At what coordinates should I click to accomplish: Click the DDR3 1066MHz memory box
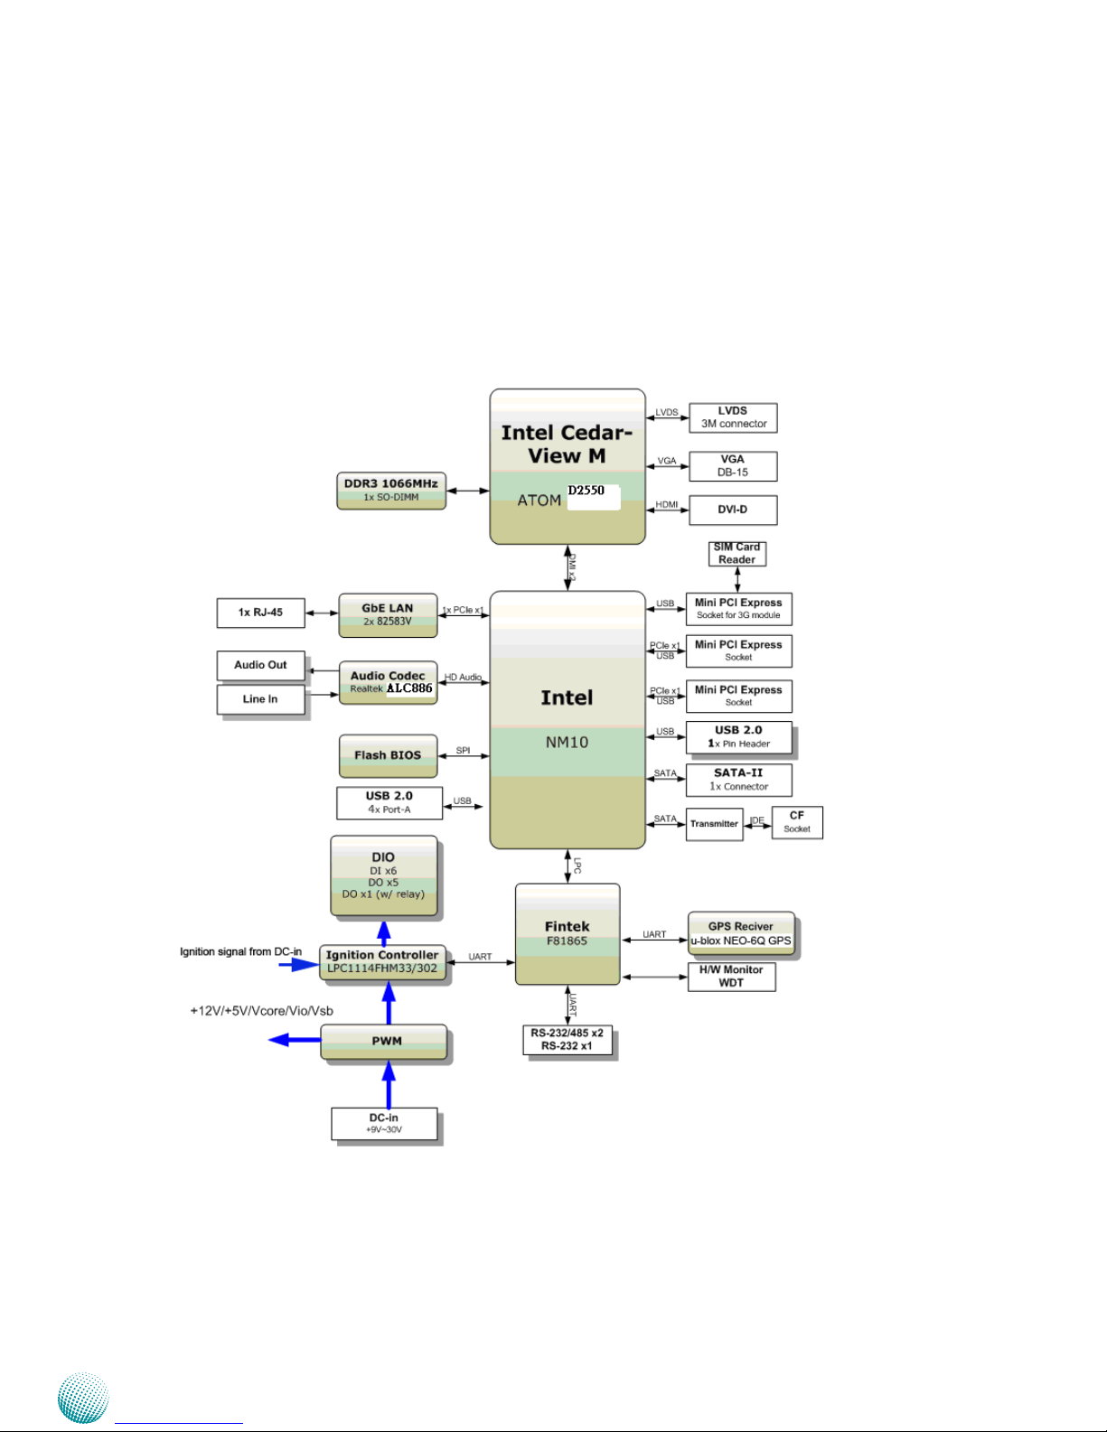(x=391, y=491)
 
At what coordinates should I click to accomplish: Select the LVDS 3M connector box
(x=733, y=417)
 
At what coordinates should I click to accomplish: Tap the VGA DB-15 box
(x=733, y=466)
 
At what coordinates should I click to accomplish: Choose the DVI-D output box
(x=733, y=510)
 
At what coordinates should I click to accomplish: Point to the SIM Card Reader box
(x=737, y=554)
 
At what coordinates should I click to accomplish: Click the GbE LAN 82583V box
(x=388, y=615)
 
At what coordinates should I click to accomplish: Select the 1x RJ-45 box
(x=261, y=613)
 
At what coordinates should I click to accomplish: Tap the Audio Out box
(x=261, y=666)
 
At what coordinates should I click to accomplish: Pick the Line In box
(x=261, y=699)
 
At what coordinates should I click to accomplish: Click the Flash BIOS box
(x=388, y=756)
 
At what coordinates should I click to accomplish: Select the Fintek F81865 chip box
(x=568, y=934)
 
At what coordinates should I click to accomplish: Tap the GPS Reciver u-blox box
(x=741, y=933)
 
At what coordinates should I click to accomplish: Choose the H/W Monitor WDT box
(x=731, y=976)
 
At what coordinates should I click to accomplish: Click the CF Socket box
(x=797, y=822)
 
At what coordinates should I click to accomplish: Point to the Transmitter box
(x=714, y=824)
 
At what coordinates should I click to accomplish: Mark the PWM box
(x=384, y=1041)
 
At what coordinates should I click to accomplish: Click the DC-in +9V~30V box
(x=384, y=1123)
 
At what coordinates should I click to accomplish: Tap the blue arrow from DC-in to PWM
(x=389, y=1084)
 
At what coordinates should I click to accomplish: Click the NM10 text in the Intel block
(x=567, y=743)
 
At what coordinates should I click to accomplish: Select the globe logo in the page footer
(x=83, y=1398)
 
